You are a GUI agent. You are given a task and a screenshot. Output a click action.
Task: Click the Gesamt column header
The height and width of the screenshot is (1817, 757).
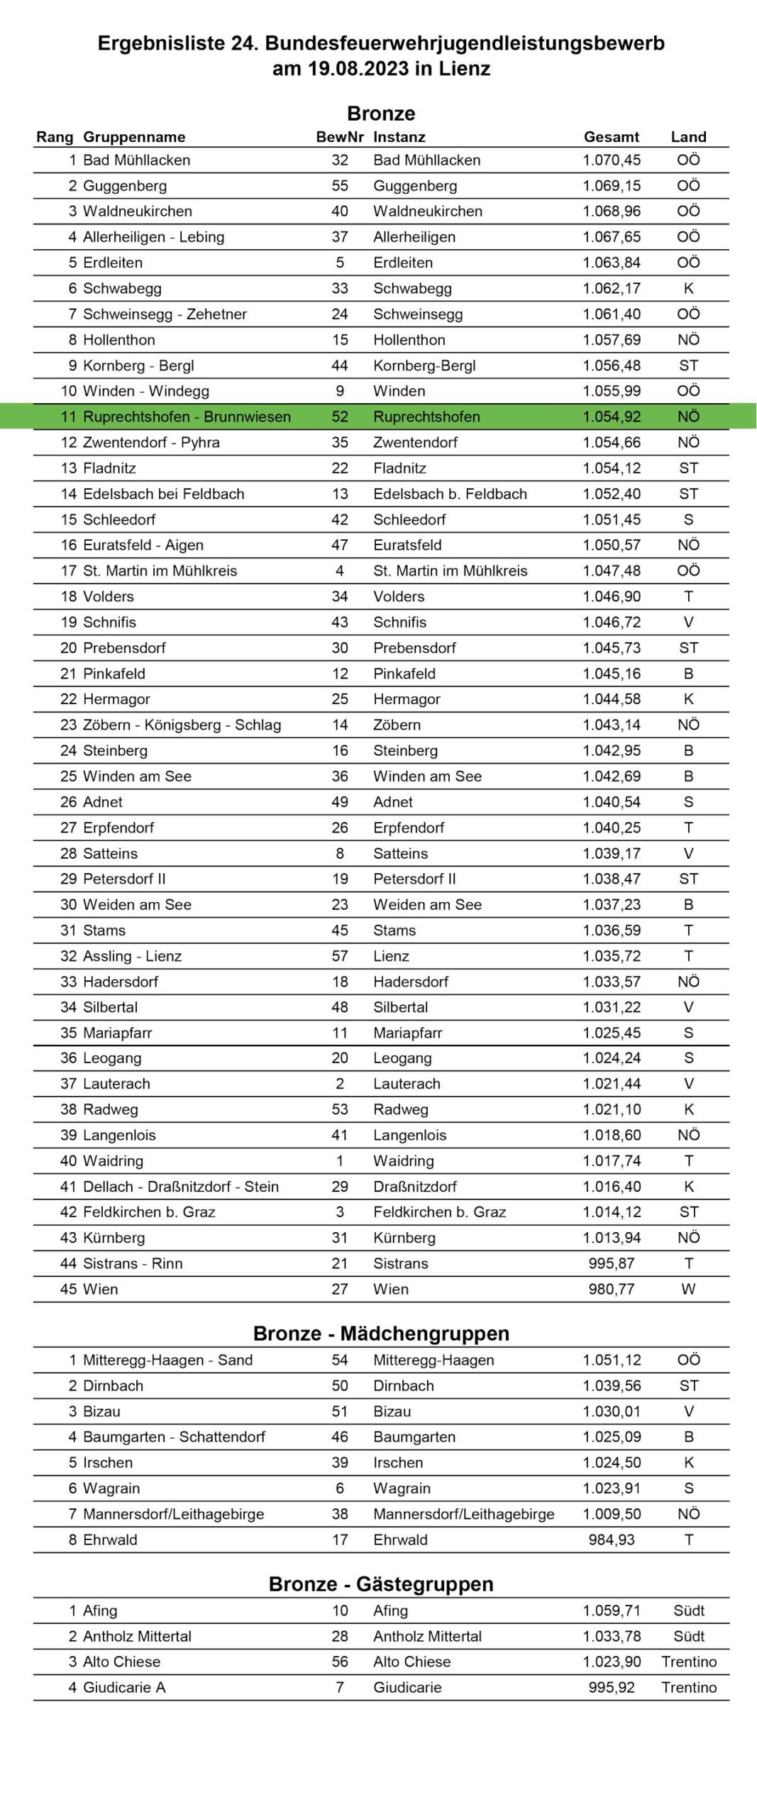[x=611, y=137]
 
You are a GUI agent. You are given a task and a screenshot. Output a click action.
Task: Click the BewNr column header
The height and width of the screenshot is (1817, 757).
[x=339, y=137]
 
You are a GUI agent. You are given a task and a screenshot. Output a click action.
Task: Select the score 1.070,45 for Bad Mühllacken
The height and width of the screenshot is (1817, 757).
[x=611, y=160]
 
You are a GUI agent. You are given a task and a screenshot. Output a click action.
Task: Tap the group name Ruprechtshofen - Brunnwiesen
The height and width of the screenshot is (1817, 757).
[x=187, y=417]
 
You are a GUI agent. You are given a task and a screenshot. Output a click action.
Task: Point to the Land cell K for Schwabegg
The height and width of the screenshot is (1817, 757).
[x=688, y=288]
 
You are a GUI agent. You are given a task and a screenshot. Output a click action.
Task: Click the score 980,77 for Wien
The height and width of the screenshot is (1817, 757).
[x=611, y=1289]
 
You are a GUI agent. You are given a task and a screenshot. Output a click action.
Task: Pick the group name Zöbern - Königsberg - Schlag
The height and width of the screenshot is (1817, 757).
[x=182, y=725]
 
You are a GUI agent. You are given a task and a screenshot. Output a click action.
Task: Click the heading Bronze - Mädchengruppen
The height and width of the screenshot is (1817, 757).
[x=381, y=1334]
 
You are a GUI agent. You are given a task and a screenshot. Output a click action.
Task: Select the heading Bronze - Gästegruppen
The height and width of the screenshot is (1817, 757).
[x=381, y=1584]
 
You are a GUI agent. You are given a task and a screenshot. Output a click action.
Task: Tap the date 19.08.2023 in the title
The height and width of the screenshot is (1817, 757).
[x=358, y=69]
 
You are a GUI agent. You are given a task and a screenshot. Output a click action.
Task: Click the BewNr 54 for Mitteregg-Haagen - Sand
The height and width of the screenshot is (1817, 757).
[x=339, y=1360]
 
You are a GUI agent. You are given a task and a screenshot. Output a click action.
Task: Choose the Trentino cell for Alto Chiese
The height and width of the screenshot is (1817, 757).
[x=688, y=1662]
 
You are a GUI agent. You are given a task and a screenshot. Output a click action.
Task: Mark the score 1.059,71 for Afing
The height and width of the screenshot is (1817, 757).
[x=611, y=1610]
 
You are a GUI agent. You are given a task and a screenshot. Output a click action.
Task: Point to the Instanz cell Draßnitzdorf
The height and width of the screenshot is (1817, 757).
[x=415, y=1186]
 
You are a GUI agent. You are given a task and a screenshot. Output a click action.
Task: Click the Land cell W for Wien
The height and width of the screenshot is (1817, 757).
[x=688, y=1289]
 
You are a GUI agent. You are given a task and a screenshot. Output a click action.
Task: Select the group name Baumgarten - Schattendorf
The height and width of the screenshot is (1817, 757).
[x=174, y=1437]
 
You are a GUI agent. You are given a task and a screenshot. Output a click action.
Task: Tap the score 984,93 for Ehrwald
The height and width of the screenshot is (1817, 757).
[x=611, y=1539]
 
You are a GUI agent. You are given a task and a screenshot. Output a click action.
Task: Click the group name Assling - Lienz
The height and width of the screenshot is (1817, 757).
[x=132, y=956]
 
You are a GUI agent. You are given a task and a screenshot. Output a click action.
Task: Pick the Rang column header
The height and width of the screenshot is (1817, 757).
[x=55, y=137]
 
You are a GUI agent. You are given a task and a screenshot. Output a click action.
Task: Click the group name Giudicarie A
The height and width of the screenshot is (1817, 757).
[x=124, y=1687]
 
